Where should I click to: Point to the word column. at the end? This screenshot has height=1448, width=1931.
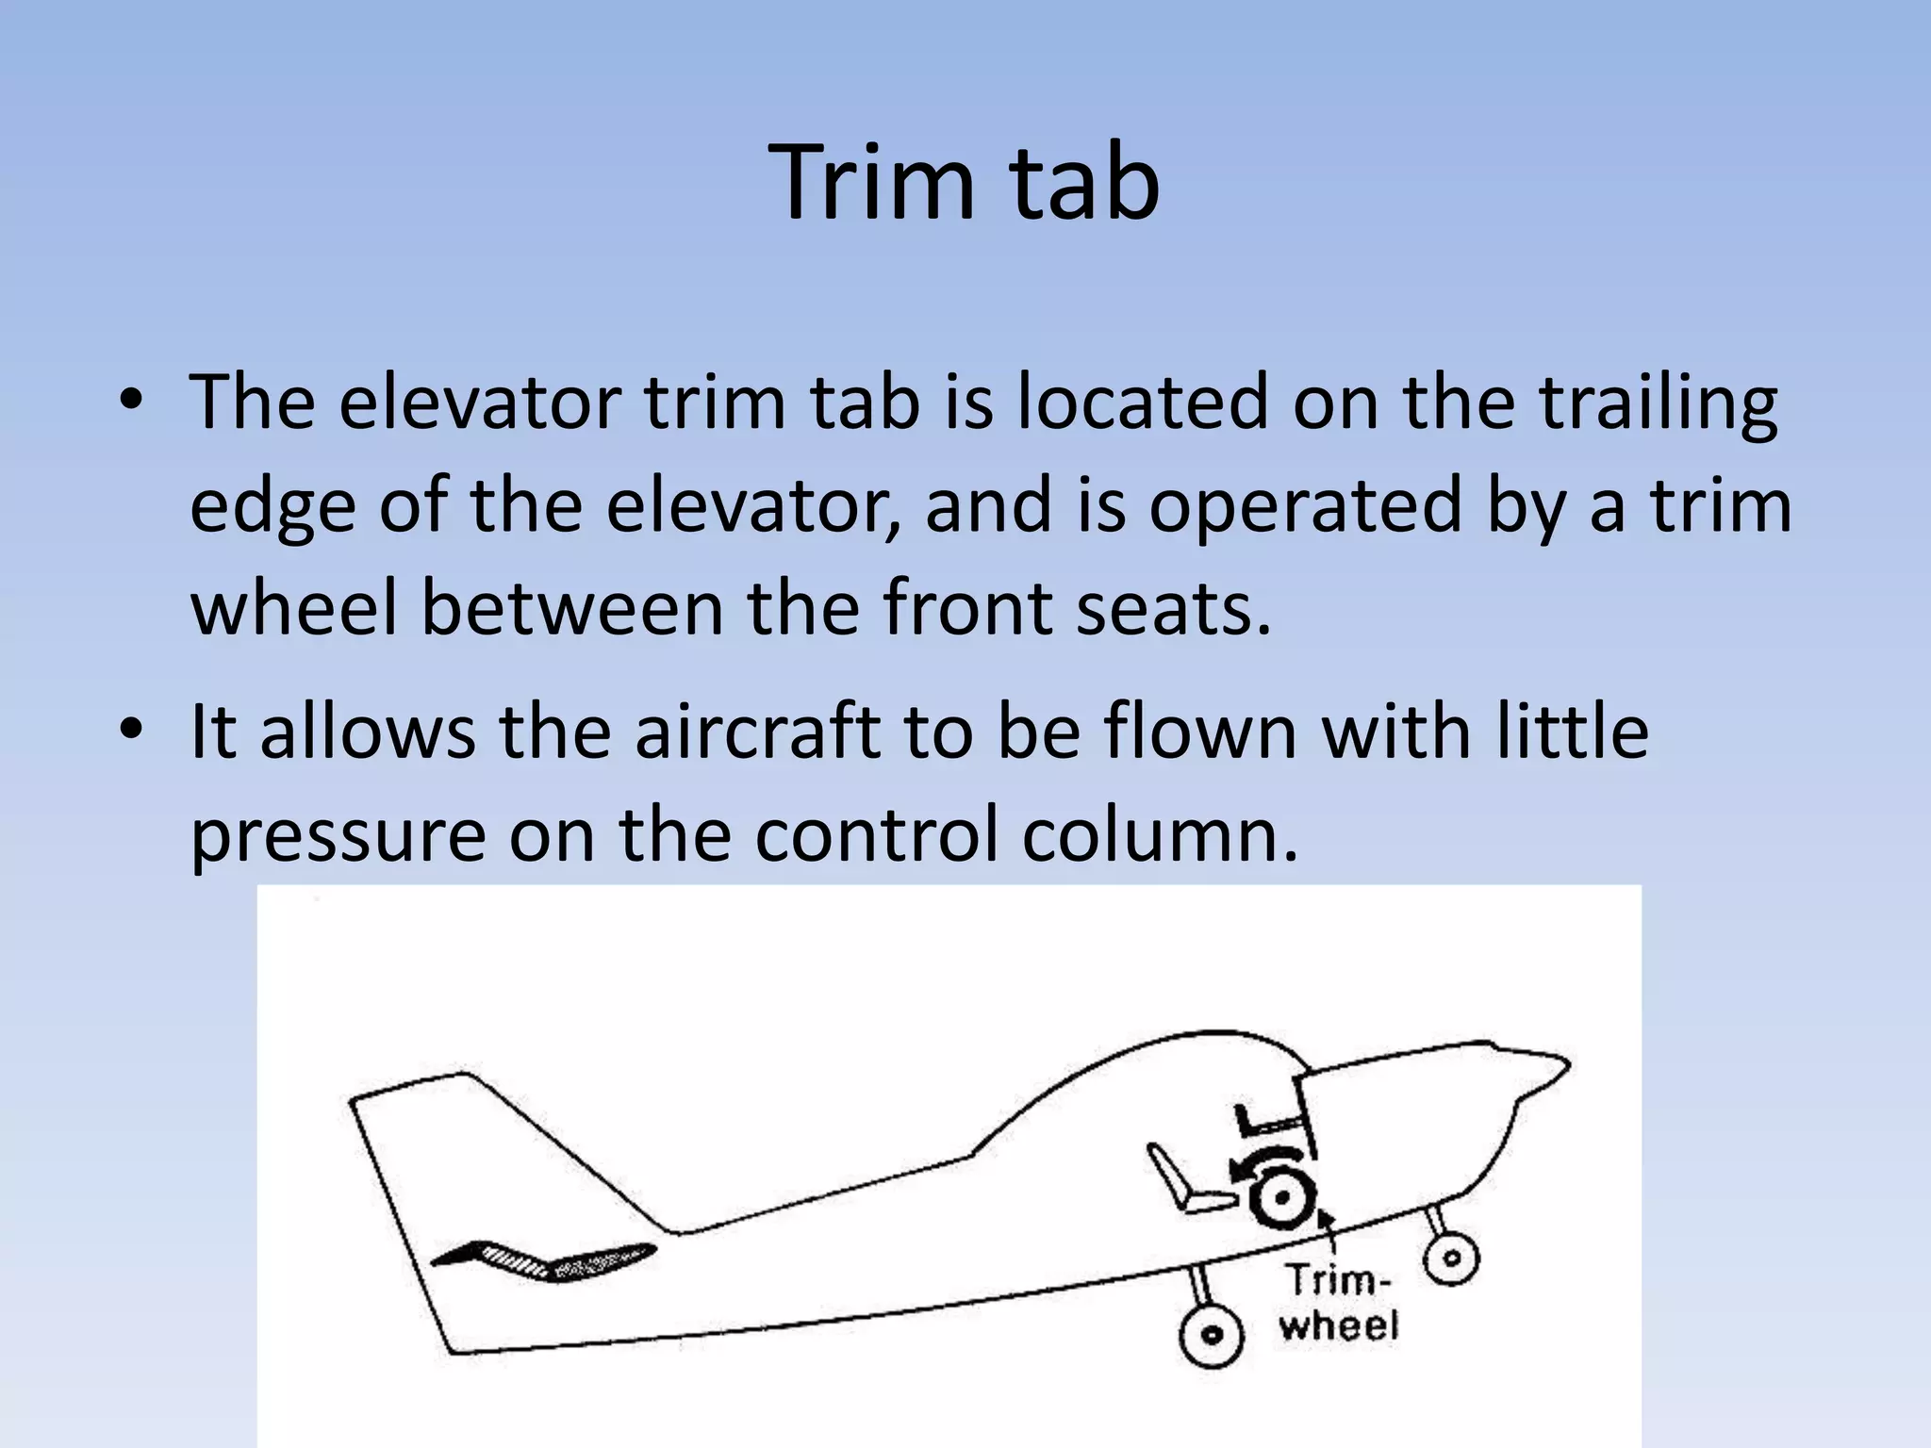pos(1161,834)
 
